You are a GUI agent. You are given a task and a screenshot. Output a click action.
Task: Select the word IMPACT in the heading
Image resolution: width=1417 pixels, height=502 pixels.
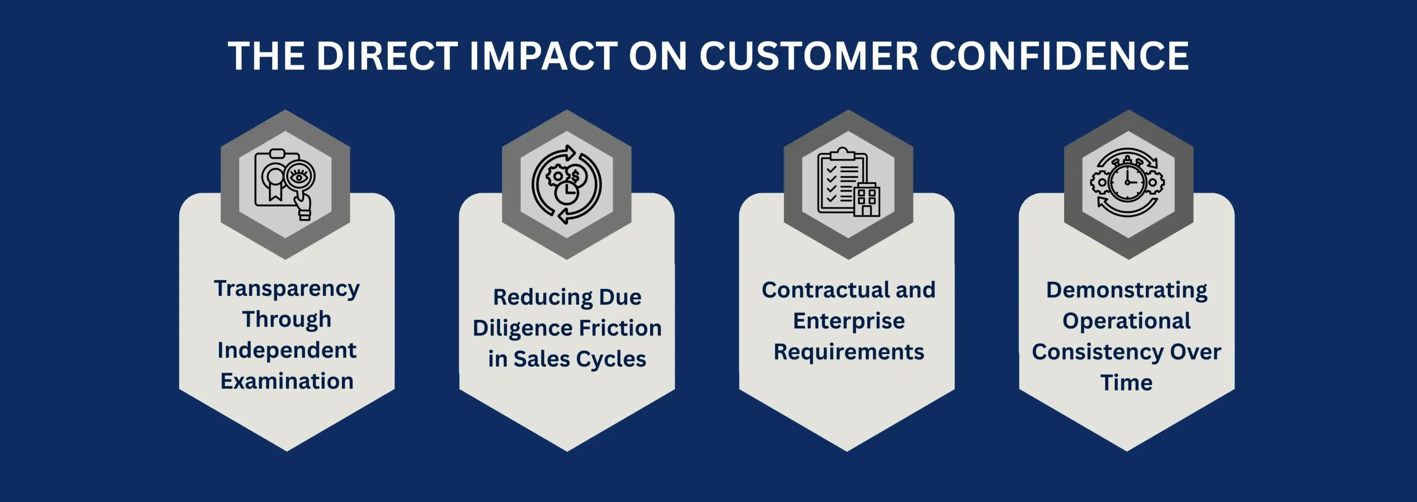pyautogui.click(x=543, y=56)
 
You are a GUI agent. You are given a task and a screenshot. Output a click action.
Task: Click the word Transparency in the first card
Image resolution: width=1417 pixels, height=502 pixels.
pyautogui.click(x=287, y=289)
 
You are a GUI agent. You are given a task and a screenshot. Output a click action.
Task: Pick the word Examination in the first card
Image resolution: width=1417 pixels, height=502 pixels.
pyautogui.click(x=287, y=381)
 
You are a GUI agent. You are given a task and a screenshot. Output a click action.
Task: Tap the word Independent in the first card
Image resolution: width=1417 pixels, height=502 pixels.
pyautogui.click(x=287, y=350)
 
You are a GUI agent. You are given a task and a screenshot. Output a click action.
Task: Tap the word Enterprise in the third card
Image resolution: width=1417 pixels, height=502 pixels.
pyautogui.click(x=849, y=320)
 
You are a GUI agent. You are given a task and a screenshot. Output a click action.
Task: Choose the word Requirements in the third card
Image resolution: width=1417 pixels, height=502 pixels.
pyautogui.click(x=849, y=352)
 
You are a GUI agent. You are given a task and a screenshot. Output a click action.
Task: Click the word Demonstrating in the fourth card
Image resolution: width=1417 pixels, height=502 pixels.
pyautogui.click(x=1127, y=290)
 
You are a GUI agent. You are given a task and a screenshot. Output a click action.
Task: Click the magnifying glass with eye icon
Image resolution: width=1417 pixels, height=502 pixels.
pyautogui.click(x=299, y=176)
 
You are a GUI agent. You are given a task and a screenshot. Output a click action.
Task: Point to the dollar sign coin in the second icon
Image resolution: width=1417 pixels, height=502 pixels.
pyautogui.click(x=576, y=177)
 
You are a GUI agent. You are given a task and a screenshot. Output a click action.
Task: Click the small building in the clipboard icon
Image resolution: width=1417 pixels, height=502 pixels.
pyautogui.click(x=866, y=199)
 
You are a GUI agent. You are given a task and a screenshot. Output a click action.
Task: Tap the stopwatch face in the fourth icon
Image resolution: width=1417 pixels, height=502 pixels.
pyautogui.click(x=1127, y=182)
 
